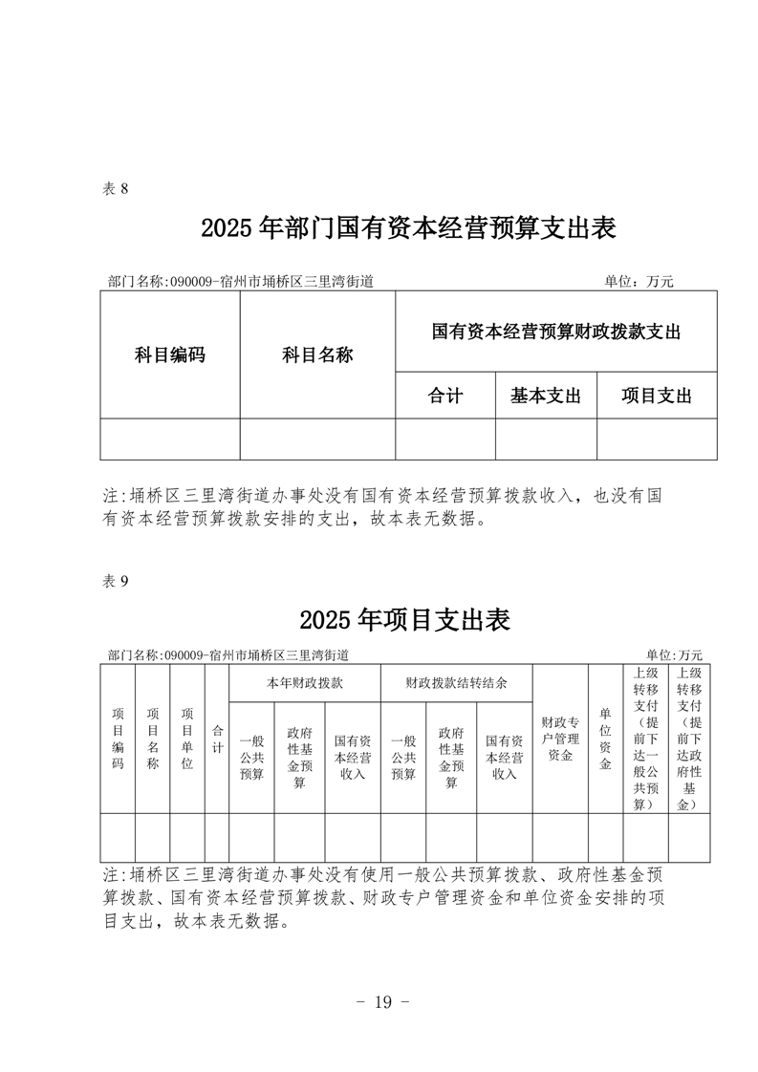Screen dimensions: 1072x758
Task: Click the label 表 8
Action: point(115,188)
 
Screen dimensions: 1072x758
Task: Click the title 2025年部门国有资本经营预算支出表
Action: point(408,228)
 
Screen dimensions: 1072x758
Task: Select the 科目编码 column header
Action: point(170,355)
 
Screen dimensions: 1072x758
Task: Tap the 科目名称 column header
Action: point(317,355)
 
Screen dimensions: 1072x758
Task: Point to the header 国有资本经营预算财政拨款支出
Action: point(555,332)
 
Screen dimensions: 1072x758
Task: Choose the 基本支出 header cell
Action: point(546,396)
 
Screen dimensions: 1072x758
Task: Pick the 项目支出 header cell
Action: point(657,396)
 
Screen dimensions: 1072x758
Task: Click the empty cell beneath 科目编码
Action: point(170,439)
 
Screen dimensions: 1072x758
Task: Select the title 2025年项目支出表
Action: point(405,620)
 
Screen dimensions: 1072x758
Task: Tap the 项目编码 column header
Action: point(119,739)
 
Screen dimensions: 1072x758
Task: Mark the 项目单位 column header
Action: point(187,739)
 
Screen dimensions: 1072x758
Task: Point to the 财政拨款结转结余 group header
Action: point(456,684)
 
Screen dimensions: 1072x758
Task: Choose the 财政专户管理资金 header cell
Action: point(560,739)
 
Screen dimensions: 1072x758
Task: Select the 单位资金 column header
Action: point(605,739)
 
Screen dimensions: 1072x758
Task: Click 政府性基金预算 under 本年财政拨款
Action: point(299,758)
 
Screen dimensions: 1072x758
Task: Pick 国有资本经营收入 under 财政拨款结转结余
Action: point(504,758)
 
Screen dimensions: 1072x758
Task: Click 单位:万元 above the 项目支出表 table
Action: point(674,655)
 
